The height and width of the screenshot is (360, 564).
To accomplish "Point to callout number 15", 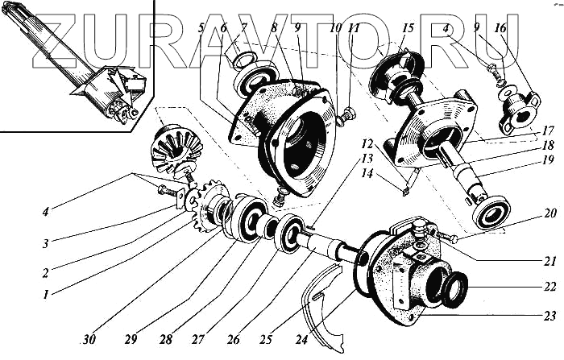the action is (407, 29).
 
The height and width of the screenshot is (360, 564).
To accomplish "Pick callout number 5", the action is (201, 29).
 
